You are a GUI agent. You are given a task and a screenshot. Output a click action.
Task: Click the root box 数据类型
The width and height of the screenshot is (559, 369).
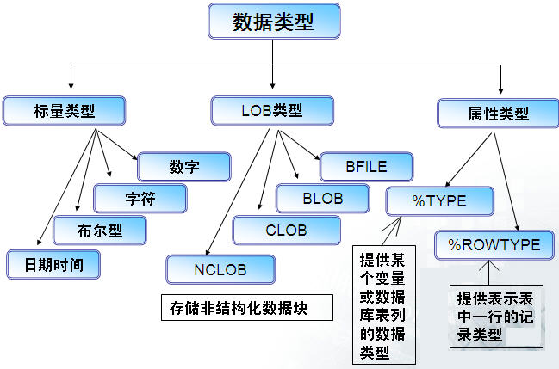272,22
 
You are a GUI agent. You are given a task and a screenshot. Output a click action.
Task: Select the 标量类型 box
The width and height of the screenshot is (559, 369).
64,110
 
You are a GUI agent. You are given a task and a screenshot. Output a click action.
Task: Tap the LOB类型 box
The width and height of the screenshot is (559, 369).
271,110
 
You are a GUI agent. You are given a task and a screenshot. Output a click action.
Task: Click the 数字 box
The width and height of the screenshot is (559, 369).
184,166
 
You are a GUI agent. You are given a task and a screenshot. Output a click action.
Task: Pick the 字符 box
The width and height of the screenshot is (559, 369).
140,198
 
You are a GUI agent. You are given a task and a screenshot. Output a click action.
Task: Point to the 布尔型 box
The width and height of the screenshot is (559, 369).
99,231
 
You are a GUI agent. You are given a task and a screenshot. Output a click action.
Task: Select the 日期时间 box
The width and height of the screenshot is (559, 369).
53,264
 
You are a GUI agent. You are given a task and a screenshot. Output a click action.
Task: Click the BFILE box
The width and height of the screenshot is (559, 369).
366,166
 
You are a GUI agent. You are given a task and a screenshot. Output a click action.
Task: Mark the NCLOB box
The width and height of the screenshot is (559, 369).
221,269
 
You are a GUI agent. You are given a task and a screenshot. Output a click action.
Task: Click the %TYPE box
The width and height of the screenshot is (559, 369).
438,200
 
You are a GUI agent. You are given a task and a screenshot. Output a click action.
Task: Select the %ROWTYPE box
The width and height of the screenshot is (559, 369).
494,245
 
